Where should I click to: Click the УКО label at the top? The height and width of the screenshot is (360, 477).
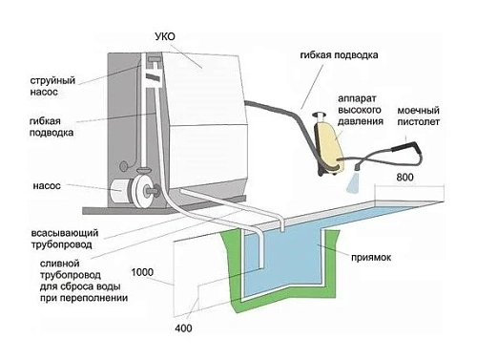coord(165,36)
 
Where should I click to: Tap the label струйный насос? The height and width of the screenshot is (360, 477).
coord(52,86)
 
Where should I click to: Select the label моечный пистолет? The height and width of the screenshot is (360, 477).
coord(419,116)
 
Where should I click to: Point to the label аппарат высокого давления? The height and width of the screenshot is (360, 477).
coord(361,110)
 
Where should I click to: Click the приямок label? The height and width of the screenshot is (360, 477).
coord(371,257)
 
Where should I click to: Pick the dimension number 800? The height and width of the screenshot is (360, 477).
coord(404,177)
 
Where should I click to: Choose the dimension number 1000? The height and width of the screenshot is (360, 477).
coord(142,272)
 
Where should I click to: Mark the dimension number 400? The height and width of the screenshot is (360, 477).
coord(183,328)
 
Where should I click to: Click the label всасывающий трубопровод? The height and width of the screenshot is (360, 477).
coord(65,239)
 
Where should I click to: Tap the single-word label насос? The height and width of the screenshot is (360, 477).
coord(47,186)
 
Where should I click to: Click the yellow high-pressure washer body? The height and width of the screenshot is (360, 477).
coord(330,145)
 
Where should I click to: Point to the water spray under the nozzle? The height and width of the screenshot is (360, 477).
coord(353,182)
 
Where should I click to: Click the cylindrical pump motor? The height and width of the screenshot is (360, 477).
coord(118,191)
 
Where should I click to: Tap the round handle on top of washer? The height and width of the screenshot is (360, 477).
coord(319,115)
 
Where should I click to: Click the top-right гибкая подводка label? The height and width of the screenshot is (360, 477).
coord(339,55)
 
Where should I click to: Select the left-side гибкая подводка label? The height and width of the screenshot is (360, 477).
coord(52,127)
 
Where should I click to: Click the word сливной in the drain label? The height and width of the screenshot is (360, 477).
coord(59,264)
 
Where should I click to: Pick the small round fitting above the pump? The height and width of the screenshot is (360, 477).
coord(124,166)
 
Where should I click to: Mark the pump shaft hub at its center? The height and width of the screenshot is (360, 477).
coord(149,191)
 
